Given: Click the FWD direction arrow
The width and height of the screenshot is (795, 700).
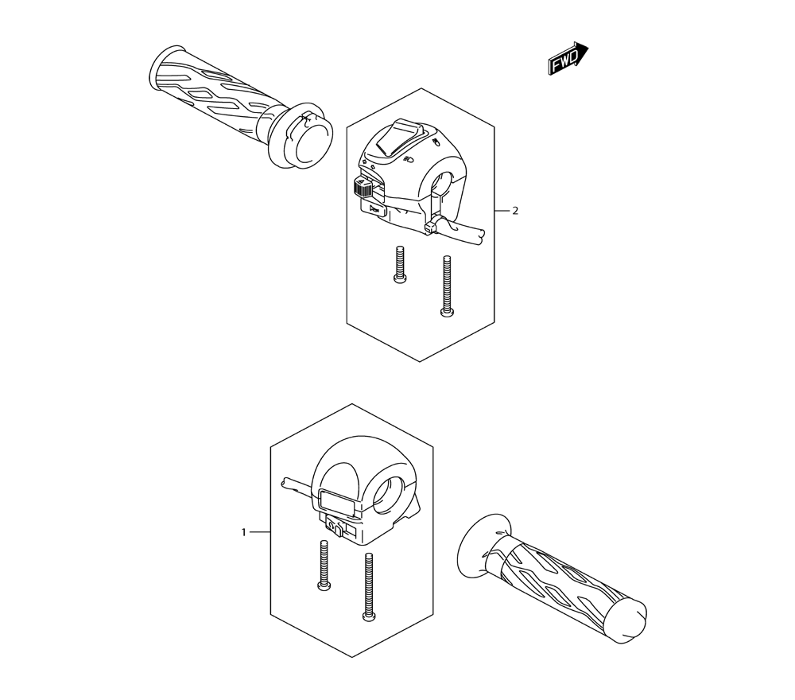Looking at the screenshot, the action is (x=568, y=58).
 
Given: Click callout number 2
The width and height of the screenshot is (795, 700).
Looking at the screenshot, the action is (x=515, y=211).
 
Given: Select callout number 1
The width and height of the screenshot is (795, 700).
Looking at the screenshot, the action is (x=244, y=532).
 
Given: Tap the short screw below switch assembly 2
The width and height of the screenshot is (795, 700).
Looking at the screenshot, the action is (x=399, y=264).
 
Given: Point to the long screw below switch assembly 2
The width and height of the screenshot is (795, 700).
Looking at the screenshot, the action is (x=447, y=286).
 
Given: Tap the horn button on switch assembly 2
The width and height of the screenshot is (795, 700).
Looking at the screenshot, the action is (x=373, y=208).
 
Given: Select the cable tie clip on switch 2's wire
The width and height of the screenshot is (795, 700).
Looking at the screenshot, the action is (x=430, y=227).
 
